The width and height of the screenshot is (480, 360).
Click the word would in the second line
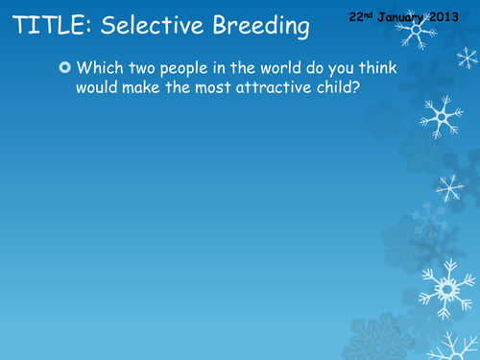pyautogui.click(x=99, y=88)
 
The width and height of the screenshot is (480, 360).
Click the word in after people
pyautogui.click(x=235, y=70)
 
